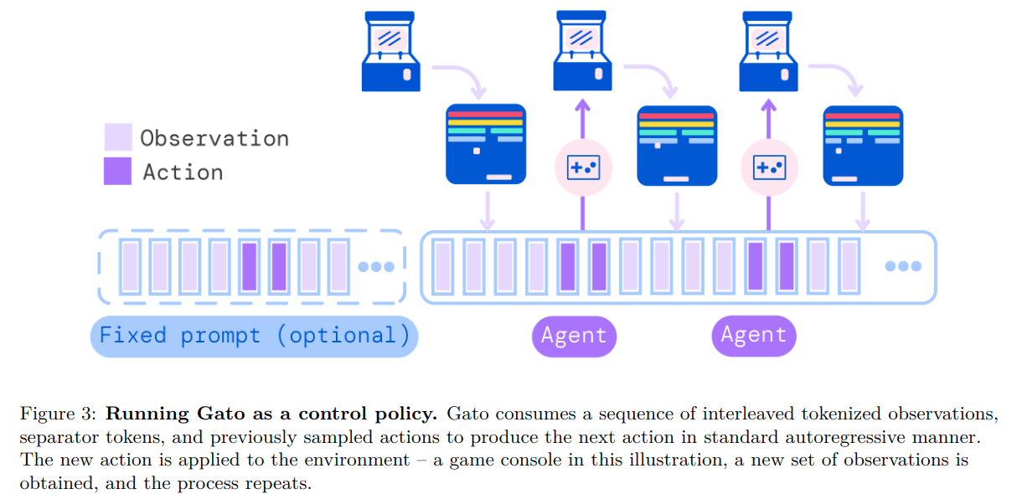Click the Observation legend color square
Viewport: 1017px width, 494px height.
click(118, 136)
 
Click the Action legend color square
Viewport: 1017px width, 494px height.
click(117, 171)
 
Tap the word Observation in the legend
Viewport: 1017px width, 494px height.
click(214, 138)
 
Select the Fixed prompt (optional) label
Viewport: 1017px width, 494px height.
click(255, 336)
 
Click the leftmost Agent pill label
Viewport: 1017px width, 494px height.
click(574, 336)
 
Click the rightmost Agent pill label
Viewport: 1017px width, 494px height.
click(754, 336)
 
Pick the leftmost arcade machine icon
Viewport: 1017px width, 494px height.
click(390, 51)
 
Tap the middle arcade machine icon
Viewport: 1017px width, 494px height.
click(582, 51)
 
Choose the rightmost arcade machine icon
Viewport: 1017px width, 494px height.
click(768, 51)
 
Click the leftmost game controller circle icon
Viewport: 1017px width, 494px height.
click(583, 167)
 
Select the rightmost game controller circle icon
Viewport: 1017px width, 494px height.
click(769, 167)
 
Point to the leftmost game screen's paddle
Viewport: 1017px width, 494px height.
click(498, 177)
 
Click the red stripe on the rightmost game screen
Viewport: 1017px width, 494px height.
click(862, 116)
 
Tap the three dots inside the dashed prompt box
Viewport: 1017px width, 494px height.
click(376, 267)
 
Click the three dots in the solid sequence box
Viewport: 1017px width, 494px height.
click(903, 265)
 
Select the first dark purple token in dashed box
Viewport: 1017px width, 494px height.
click(250, 266)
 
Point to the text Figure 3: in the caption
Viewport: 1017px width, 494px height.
click(58, 414)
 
